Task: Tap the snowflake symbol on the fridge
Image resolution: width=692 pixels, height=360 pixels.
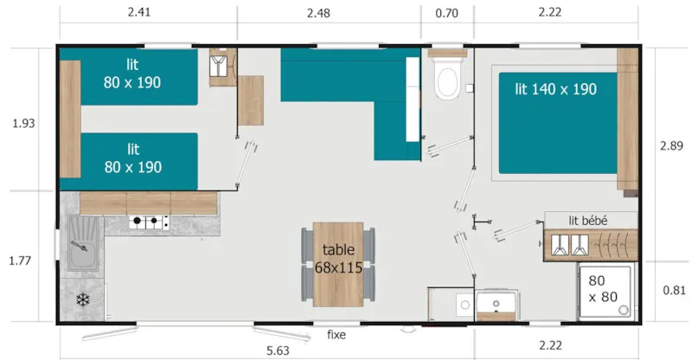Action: tap(84, 300)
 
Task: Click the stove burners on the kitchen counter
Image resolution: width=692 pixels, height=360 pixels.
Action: tap(148, 222)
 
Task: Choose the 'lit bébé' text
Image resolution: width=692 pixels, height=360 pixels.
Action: tap(588, 220)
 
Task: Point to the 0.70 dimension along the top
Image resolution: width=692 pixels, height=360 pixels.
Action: tap(446, 13)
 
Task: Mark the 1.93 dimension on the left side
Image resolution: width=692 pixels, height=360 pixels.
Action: tap(23, 124)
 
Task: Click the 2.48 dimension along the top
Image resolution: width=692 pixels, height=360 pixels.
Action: tap(321, 13)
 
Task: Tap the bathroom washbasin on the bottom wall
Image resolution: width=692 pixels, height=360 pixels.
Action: tap(495, 305)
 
